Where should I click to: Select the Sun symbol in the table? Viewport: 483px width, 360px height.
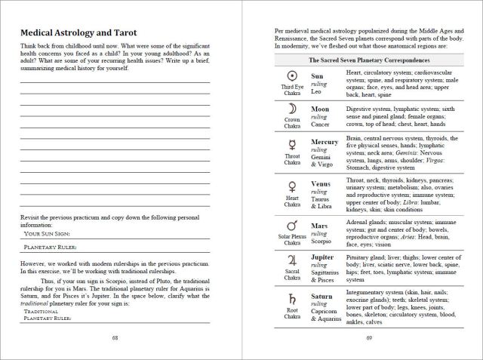pos(291,76)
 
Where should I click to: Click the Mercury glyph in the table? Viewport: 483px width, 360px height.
pos(291,145)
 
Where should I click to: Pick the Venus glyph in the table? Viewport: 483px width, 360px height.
pos(291,186)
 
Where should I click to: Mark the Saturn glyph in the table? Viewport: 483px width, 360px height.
pos(291,298)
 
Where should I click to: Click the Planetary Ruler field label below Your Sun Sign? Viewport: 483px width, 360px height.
pos(55,247)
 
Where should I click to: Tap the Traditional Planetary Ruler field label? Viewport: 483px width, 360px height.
pos(50,314)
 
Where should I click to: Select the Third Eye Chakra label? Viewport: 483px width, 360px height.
pos(291,90)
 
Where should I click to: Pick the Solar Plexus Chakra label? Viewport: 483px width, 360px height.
pos(291,238)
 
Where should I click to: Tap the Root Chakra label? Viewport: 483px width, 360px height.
pos(291,312)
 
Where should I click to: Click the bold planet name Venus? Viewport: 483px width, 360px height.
pos(322,183)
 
